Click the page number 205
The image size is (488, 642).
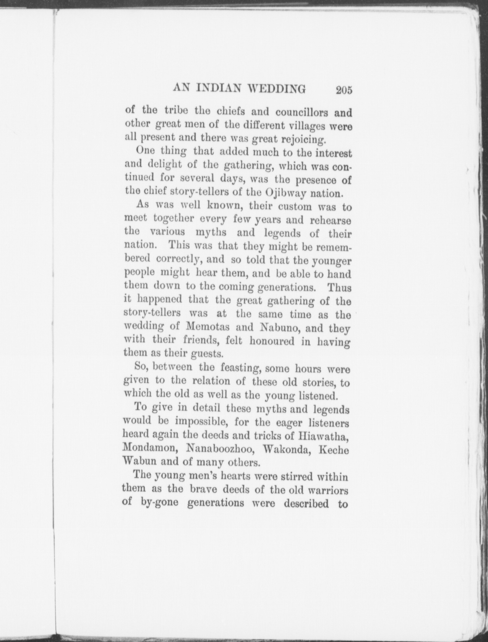coord(344,90)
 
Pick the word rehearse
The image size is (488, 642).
coord(330,221)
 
